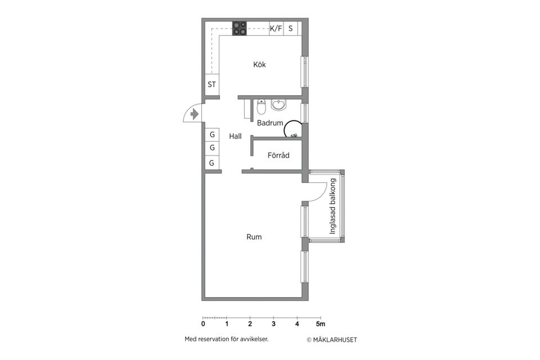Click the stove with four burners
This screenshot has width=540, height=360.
[240, 28]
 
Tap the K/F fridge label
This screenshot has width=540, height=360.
[276, 28]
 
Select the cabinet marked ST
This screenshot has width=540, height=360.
[212, 84]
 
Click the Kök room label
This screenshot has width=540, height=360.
[259, 65]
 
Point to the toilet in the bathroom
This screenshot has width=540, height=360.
[262, 107]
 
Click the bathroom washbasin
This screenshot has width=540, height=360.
[278, 105]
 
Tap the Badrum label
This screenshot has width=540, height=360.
[270, 123]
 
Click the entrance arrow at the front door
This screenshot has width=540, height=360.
[195, 114]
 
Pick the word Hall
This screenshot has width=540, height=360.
[235, 136]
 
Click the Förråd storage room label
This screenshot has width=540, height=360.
[278, 155]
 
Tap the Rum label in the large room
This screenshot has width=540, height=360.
[254, 237]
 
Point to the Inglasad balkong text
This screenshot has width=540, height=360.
[332, 206]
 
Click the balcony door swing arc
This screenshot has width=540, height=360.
[322, 195]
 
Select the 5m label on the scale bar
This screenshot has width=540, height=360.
[321, 324]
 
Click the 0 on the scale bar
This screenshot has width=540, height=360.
[203, 324]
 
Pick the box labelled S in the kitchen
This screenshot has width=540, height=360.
[291, 28]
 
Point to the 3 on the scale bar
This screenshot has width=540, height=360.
[273, 324]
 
